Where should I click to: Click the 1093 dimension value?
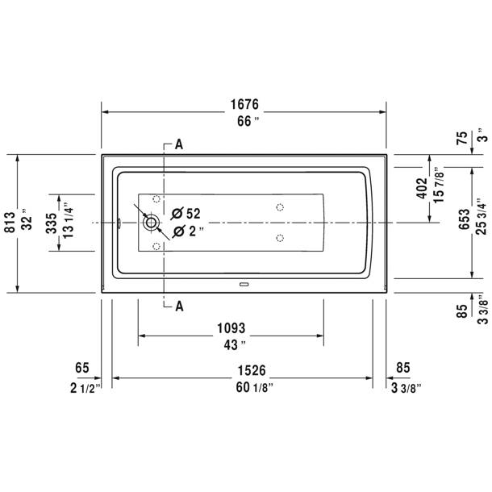pyautogui.click(x=229, y=329)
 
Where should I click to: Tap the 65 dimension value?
pyautogui.click(x=81, y=369)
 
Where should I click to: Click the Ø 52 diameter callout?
pyautogui.click(x=186, y=214)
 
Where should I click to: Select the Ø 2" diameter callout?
pyautogui.click(x=186, y=231)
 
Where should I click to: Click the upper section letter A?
pyautogui.click(x=178, y=145)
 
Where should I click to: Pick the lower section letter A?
pyautogui.click(x=178, y=306)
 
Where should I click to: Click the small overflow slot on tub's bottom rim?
pyautogui.click(x=244, y=283)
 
